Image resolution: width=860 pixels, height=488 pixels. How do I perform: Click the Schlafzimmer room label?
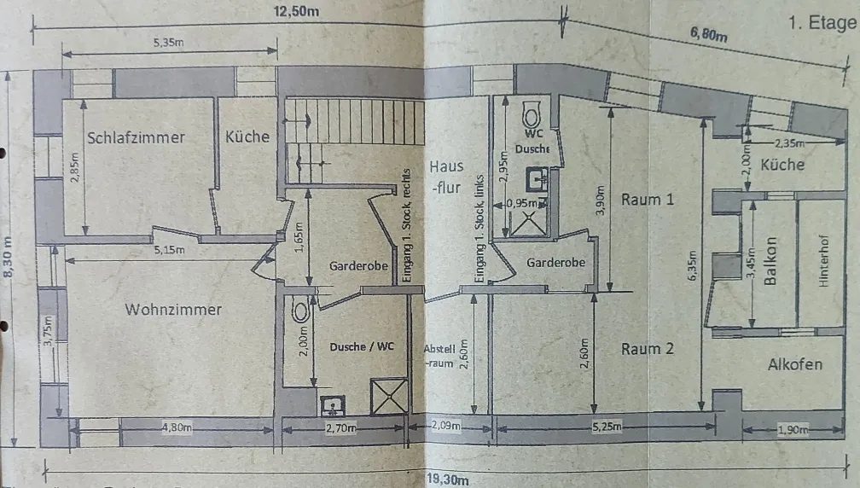136,137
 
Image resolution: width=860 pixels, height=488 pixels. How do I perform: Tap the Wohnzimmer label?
173,309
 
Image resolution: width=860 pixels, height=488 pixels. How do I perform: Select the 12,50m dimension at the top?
296,11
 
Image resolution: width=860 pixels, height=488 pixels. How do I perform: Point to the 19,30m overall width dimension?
448,479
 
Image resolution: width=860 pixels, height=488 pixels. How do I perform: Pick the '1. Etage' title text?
822,23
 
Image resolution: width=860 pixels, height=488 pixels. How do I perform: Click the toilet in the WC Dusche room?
531,115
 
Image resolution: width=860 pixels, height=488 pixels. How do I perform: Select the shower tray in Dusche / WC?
389,396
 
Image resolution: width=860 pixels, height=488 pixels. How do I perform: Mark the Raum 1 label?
648,199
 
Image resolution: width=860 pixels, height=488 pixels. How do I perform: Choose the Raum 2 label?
648,349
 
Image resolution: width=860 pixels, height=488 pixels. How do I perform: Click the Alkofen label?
795,364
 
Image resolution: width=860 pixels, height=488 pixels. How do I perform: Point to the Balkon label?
770,261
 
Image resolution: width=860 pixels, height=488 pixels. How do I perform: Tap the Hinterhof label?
823,261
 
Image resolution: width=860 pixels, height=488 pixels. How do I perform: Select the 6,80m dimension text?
709,34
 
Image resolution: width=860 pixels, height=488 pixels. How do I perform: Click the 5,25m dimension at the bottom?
607,426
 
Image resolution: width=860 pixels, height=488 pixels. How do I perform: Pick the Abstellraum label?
439,356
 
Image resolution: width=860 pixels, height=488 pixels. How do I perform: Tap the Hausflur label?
446,177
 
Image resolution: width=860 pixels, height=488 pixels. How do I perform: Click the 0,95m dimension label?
522,203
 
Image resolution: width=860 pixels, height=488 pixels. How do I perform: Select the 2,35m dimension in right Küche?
789,143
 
